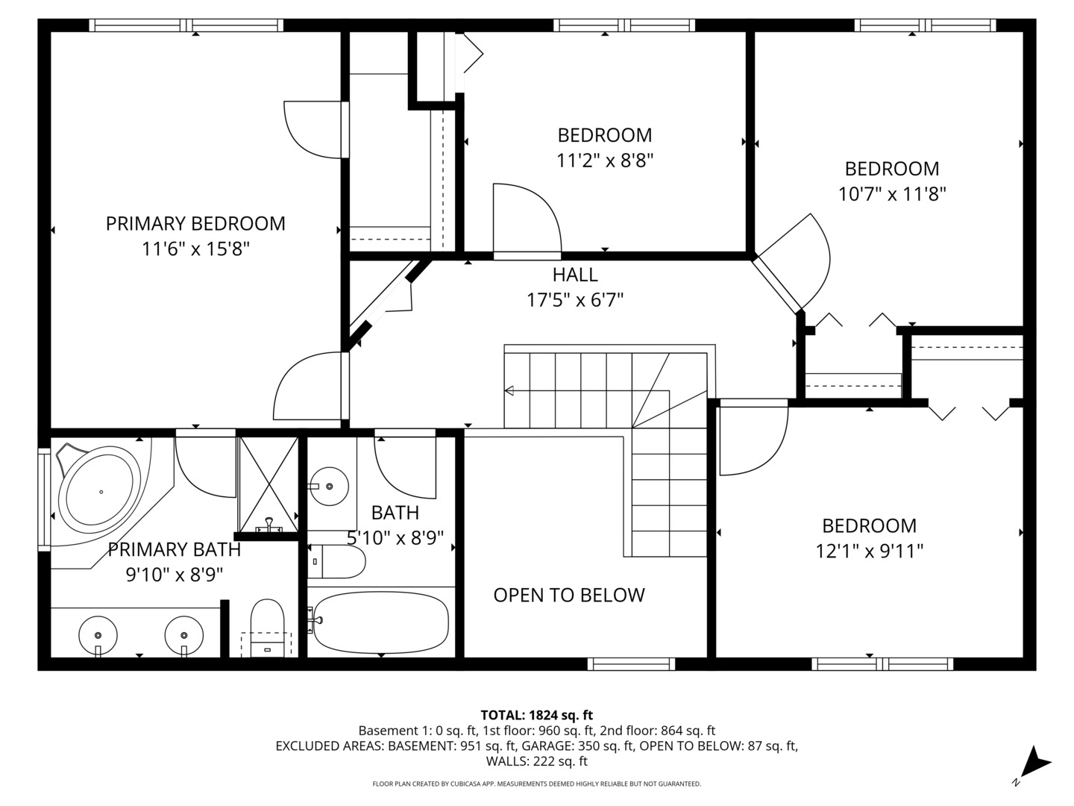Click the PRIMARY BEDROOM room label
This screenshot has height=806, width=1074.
coord(195,223)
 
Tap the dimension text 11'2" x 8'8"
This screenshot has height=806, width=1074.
coord(605,160)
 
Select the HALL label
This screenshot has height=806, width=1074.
coord(575,275)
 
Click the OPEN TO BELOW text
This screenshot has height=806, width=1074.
coord(569,595)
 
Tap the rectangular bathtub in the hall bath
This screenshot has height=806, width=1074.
coord(381,622)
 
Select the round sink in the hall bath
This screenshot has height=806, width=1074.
coord(329,487)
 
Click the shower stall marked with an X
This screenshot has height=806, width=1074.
coord(268,483)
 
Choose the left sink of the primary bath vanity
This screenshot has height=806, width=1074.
coord(98,634)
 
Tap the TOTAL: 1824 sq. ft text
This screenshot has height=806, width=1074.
coord(536,715)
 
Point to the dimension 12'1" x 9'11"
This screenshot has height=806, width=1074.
coord(869,552)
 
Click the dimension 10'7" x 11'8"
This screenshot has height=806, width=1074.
coord(892,194)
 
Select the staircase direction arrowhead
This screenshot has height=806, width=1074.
coord(509,390)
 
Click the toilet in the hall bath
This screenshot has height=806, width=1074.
coord(336,561)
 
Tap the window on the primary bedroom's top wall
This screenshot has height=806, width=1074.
coord(186,25)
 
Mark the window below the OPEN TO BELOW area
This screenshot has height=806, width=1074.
coord(631,663)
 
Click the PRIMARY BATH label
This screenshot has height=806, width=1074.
coord(175,550)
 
